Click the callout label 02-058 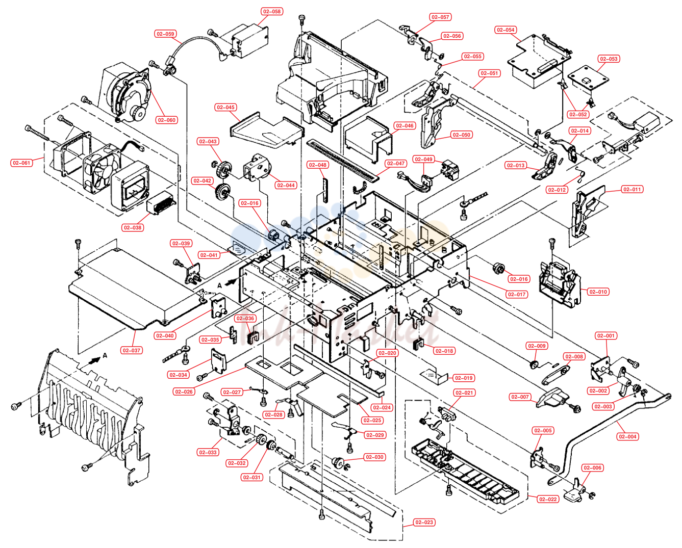(x=271, y=11)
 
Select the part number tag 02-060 (x=166, y=120)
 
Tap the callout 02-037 (x=131, y=350)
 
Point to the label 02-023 (x=424, y=523)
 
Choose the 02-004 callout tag (x=627, y=436)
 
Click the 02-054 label (x=506, y=30)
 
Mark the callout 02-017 (x=517, y=294)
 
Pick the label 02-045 (x=225, y=108)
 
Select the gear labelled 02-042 (x=222, y=191)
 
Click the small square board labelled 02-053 (x=588, y=77)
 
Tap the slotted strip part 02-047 (x=343, y=160)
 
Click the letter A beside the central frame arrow (x=219, y=285)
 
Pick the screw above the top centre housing (x=301, y=20)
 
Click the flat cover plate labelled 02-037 (x=136, y=288)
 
